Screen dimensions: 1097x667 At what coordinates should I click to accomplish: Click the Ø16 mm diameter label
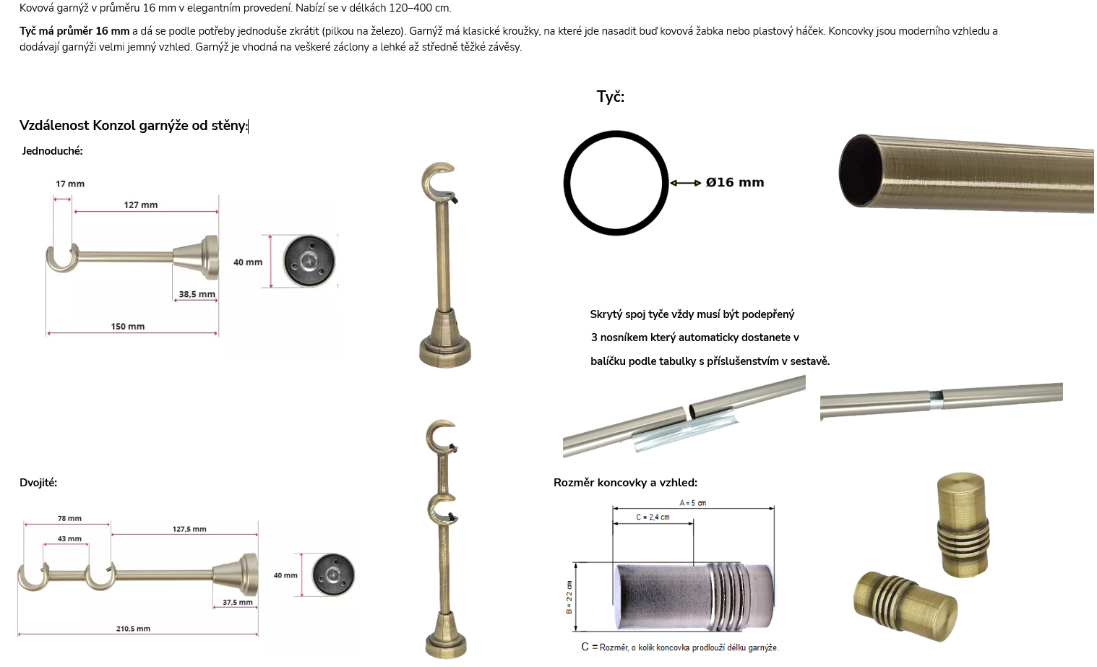point(735,183)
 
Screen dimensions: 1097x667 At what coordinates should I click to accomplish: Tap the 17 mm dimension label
point(70,184)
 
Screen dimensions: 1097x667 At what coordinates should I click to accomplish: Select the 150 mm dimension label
point(128,327)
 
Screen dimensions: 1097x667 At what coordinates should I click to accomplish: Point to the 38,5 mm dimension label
point(197,294)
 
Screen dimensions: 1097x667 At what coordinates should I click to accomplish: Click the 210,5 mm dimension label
point(133,629)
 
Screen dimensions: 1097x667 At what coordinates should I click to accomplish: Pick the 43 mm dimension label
point(69,538)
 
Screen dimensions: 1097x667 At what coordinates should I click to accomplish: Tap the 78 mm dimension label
point(69,518)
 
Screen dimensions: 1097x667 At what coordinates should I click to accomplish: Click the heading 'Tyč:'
point(610,97)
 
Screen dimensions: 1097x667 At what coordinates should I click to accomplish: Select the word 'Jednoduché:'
point(53,151)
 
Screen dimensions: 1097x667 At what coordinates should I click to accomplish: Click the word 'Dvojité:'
point(38,483)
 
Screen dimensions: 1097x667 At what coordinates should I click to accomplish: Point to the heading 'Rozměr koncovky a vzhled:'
point(625,483)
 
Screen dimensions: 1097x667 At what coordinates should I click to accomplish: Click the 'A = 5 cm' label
point(693,503)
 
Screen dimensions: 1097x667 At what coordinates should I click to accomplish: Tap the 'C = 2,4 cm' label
point(653,517)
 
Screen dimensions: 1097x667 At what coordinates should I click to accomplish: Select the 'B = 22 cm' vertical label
point(569,597)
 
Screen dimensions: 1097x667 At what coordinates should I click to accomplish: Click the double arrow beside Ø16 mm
point(686,183)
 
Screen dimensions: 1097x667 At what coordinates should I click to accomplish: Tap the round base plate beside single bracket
point(309,261)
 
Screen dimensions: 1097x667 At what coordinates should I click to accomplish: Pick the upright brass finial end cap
point(963,525)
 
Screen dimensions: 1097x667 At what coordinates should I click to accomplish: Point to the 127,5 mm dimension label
point(189,529)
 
